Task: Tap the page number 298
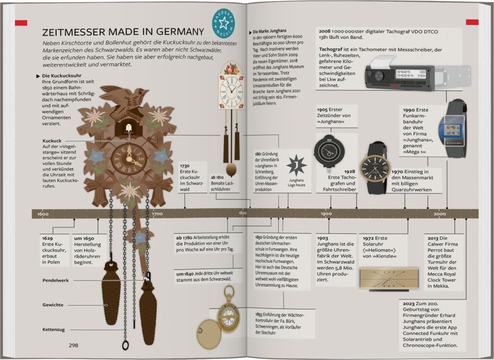coord(73,345)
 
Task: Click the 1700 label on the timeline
coord(157,214)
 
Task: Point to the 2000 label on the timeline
coord(440,214)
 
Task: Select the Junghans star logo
coord(296,166)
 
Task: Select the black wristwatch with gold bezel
coord(375,167)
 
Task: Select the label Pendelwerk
coord(56,281)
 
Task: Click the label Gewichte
coord(53,305)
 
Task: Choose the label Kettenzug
coord(54,329)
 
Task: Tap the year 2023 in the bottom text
coord(408,303)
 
